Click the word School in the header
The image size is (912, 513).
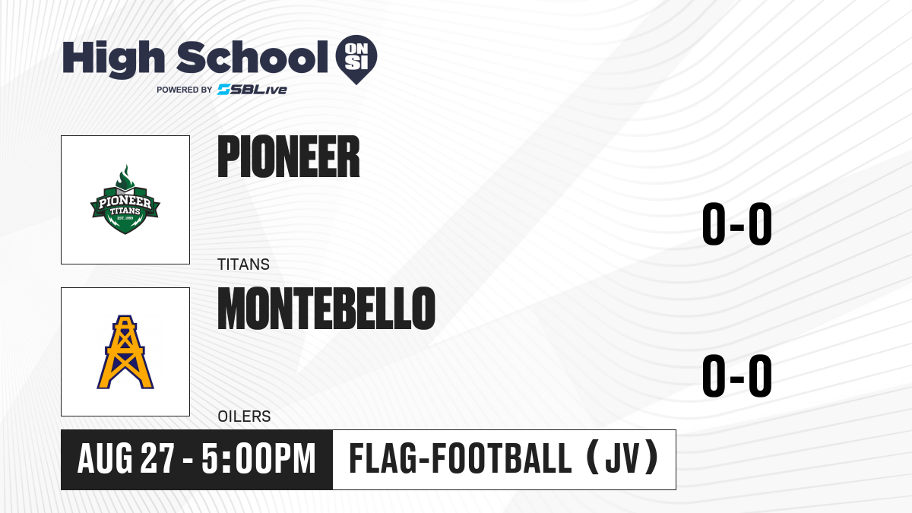click(x=252, y=56)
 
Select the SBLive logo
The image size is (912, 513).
click(x=252, y=89)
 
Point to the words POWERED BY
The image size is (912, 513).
click(x=185, y=90)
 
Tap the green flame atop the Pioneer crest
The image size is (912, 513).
click(x=125, y=176)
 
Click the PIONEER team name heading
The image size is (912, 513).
click(x=289, y=157)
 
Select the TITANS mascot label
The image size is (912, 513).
click(x=243, y=264)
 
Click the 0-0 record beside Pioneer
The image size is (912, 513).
click(x=737, y=223)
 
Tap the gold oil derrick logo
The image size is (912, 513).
click(x=125, y=352)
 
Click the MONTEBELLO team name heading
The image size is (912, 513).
click(x=327, y=309)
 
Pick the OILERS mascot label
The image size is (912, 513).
click(x=244, y=416)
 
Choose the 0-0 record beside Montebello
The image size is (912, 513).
click(x=737, y=375)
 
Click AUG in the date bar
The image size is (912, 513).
click(x=105, y=459)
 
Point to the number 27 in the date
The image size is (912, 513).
click(x=157, y=459)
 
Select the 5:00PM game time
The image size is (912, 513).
click(x=258, y=459)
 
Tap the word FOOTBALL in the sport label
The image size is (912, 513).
click(x=502, y=459)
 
